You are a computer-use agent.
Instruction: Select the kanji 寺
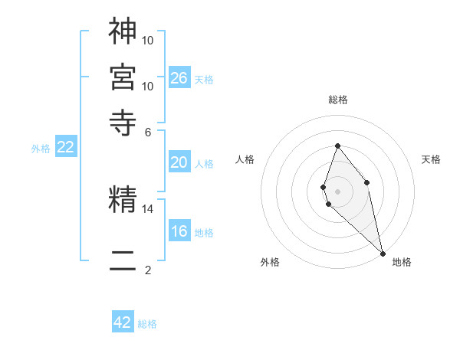123,122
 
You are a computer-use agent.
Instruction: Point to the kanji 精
123,199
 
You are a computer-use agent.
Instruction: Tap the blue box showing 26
179,77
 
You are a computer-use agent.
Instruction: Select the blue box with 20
179,162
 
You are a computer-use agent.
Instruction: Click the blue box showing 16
179,231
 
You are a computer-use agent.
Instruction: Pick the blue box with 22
65,148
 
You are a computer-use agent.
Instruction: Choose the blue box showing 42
123,322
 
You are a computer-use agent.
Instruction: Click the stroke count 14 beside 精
148,208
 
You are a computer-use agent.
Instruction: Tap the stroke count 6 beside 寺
148,131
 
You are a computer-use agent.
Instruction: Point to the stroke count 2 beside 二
148,270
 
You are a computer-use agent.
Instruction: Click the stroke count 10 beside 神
148,39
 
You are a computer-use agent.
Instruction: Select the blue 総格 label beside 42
147,324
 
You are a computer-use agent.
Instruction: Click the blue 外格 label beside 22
40,149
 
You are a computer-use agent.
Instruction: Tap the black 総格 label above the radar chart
337,100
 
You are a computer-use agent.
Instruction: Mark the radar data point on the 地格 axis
383,253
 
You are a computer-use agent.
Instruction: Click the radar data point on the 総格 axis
337,146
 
